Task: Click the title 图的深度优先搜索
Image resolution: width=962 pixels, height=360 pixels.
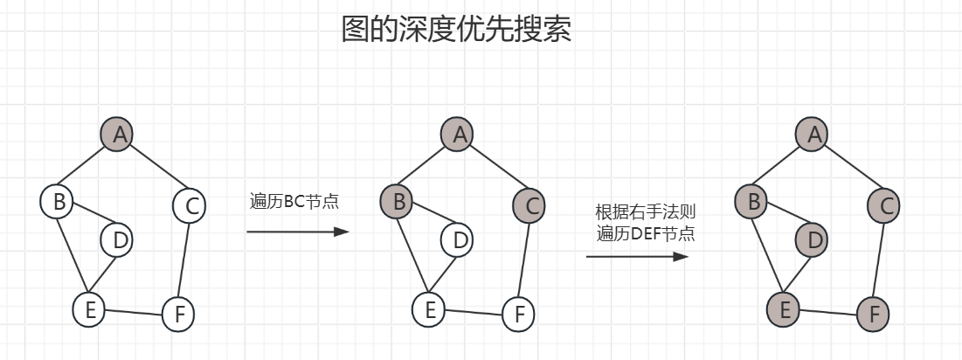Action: [456, 30]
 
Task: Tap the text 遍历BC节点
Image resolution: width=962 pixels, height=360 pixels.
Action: [294, 202]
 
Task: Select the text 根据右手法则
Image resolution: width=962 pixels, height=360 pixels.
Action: [645, 211]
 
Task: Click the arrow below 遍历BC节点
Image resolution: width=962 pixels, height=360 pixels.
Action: [297, 232]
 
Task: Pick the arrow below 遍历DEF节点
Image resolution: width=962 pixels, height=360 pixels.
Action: [636, 257]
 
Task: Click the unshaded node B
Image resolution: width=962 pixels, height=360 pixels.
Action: [57, 203]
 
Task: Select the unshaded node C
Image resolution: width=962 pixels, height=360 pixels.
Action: [189, 206]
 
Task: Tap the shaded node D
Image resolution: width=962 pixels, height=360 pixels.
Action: [813, 239]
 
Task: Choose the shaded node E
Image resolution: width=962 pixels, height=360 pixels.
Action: [784, 309]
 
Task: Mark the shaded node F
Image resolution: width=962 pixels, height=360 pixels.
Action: [873, 313]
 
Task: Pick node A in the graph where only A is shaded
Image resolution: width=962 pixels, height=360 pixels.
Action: [118, 134]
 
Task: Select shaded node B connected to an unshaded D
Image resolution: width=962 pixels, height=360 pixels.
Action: [397, 202]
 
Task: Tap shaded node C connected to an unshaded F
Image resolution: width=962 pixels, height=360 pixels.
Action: [528, 206]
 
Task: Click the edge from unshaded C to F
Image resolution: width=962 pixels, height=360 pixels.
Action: [183, 260]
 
